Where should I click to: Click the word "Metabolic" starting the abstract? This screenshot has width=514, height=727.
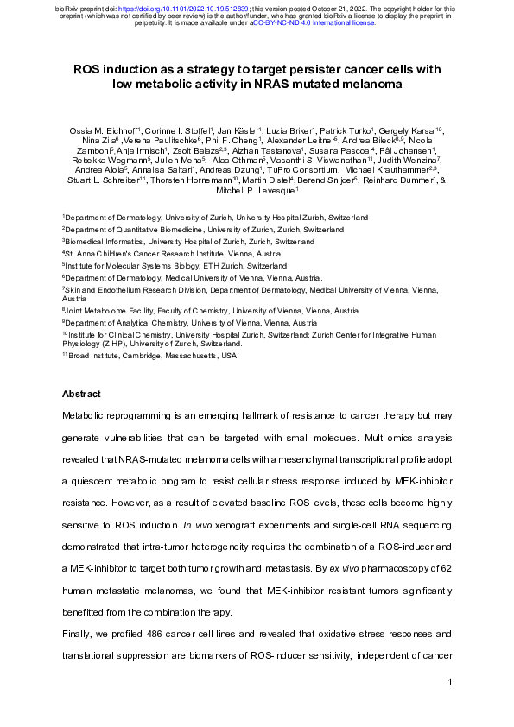[86, 415]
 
